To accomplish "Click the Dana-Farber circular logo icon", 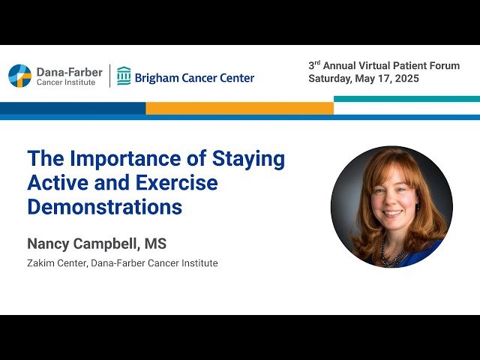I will [x=19, y=76].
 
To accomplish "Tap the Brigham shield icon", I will [x=124, y=76].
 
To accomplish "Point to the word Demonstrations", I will [x=105, y=207].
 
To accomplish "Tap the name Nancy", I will [x=47, y=244].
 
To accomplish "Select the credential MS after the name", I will [x=157, y=244].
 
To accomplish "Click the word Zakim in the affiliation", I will [x=40, y=263].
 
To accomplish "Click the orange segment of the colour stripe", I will [x=239, y=108].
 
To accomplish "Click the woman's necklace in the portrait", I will [x=392, y=255].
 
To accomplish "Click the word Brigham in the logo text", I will [x=157, y=77].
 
